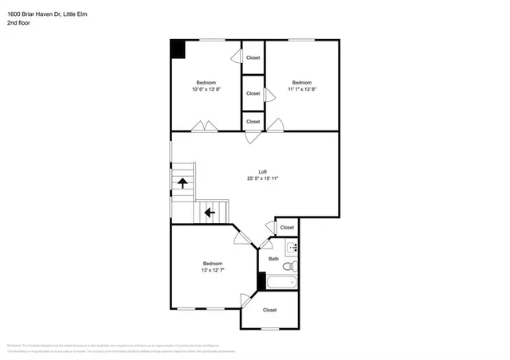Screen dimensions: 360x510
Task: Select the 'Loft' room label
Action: point(262,171)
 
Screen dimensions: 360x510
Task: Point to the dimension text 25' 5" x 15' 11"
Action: point(262,178)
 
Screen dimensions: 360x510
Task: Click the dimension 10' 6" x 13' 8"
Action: point(206,89)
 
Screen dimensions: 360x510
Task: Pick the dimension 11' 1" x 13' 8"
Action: point(301,89)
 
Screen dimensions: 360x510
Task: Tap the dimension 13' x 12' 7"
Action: point(212,270)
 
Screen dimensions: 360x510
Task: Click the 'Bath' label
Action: point(273,258)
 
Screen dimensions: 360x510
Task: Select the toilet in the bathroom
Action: point(292,265)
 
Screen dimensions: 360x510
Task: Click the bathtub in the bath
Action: point(281,281)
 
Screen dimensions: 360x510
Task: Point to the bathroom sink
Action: point(291,248)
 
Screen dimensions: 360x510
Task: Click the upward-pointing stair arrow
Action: point(182,182)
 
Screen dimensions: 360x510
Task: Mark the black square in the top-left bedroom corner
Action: point(178,49)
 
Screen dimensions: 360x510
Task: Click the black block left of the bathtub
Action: point(261,281)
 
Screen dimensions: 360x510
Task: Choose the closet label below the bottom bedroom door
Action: point(270,310)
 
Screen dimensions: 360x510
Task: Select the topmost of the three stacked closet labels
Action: point(253,57)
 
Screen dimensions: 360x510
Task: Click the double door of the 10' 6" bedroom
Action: point(202,126)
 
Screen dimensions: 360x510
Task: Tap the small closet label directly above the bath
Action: point(286,228)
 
